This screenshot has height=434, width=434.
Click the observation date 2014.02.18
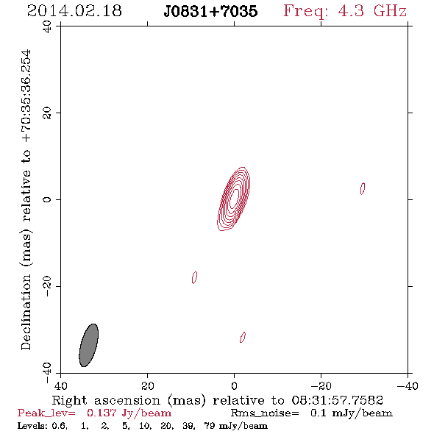tap(74, 11)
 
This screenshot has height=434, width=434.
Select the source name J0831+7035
tap(210, 11)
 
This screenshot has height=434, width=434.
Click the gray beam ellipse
tap(88, 345)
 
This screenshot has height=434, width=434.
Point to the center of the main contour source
tap(234, 199)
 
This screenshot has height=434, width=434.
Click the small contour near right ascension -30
tap(363, 188)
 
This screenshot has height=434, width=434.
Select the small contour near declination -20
tap(195, 277)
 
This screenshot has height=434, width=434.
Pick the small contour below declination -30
tap(243, 337)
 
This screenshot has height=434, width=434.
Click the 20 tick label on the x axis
tap(147, 385)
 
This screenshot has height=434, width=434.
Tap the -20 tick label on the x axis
tap(321, 385)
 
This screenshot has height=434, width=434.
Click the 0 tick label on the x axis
tap(234, 385)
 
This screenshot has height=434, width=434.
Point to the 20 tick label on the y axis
tap(47, 113)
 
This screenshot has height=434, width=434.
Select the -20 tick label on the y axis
tap(47, 286)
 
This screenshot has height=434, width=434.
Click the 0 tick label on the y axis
tap(47, 199)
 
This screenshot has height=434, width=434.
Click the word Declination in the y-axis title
tap(26, 312)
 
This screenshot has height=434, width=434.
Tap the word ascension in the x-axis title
tap(127, 400)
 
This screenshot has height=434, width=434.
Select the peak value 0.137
tap(101, 413)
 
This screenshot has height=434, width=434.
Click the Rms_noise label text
tap(265, 413)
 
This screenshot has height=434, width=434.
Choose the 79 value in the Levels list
tap(209, 426)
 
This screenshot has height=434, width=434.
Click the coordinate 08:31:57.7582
tap(337, 400)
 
